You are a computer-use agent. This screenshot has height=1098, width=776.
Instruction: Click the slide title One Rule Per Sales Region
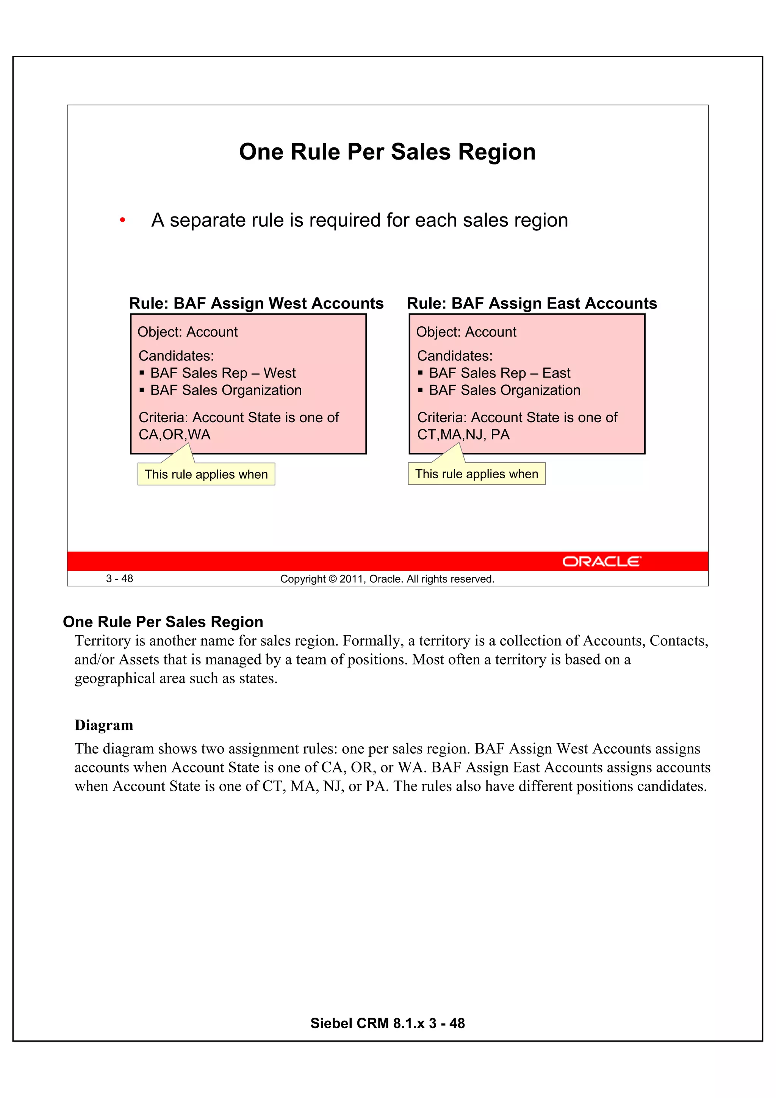tap(387, 152)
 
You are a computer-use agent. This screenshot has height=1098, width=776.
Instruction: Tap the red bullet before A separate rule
tap(122, 221)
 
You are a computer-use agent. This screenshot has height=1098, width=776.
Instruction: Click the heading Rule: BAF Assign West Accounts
tap(256, 303)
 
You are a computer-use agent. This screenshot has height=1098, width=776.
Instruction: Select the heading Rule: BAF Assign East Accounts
tap(532, 303)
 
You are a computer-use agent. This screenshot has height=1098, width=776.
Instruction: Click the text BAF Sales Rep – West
tap(223, 373)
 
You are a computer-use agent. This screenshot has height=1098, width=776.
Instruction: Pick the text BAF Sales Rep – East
tap(500, 373)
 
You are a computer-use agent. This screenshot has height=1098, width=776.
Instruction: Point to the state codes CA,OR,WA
tap(175, 435)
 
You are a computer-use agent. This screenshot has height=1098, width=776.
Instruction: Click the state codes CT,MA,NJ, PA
tap(463, 435)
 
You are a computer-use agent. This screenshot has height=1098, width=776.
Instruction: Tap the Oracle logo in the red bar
tap(601, 561)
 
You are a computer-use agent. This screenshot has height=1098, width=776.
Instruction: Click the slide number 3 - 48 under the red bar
tap(119, 579)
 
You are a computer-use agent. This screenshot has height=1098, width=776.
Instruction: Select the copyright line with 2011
tap(387, 579)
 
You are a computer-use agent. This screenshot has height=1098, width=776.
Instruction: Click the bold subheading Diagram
tap(104, 725)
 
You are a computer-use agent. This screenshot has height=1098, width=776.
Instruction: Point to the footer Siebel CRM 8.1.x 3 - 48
tap(387, 1023)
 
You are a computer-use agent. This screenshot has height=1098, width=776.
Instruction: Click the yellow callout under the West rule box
tap(206, 475)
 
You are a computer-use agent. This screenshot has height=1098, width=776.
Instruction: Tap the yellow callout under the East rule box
tap(476, 474)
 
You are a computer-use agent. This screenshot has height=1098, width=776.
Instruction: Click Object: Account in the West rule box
tap(188, 332)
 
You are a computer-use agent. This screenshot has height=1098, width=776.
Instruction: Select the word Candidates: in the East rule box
tap(455, 356)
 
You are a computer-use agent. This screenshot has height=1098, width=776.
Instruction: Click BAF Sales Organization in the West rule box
tap(226, 390)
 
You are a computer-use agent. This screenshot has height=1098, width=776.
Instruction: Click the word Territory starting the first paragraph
tap(97, 641)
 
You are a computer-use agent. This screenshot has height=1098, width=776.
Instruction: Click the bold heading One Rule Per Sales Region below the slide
tap(163, 622)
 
